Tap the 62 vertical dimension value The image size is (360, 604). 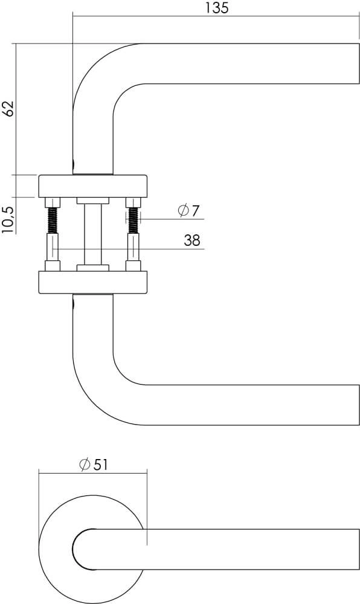point(8,109)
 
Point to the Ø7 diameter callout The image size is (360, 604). point(188,211)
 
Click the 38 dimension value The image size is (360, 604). point(192,240)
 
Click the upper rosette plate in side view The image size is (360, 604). point(93,186)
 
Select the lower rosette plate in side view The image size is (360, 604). point(93,282)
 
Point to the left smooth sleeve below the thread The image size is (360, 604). point(53,248)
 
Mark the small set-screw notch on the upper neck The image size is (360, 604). point(73,164)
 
